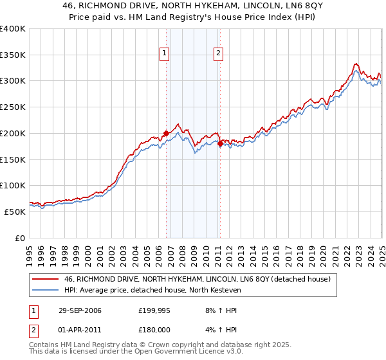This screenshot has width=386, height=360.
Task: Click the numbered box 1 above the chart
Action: pyautogui.click(x=165, y=53)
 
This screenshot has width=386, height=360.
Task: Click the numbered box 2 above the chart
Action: pyautogui.click(x=219, y=53)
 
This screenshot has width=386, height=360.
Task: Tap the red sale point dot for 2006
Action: pyautogui.click(x=167, y=133)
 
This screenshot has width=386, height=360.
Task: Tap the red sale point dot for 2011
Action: pyautogui.click(x=219, y=143)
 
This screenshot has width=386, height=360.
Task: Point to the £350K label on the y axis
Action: pyautogui.click(x=13, y=55)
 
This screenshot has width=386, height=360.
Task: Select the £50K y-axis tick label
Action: pyautogui.click(x=15, y=212)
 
